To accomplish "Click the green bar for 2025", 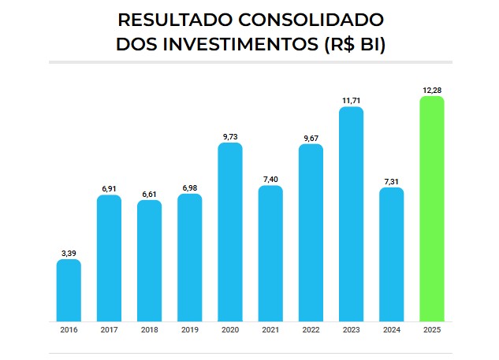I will [431, 209].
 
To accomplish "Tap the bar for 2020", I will [230, 232].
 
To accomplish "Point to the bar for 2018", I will [149, 260].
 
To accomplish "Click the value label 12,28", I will [431, 89].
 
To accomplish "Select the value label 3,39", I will [69, 252].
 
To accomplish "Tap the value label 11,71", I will [351, 99].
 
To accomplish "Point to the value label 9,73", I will [230, 136].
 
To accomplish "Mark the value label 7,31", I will [391, 180].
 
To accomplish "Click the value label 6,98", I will [189, 187].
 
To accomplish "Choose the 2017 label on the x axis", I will [109, 330].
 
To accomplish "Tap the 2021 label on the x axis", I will [270, 330].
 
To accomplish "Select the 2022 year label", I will [311, 330].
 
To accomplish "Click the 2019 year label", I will [189, 330].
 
